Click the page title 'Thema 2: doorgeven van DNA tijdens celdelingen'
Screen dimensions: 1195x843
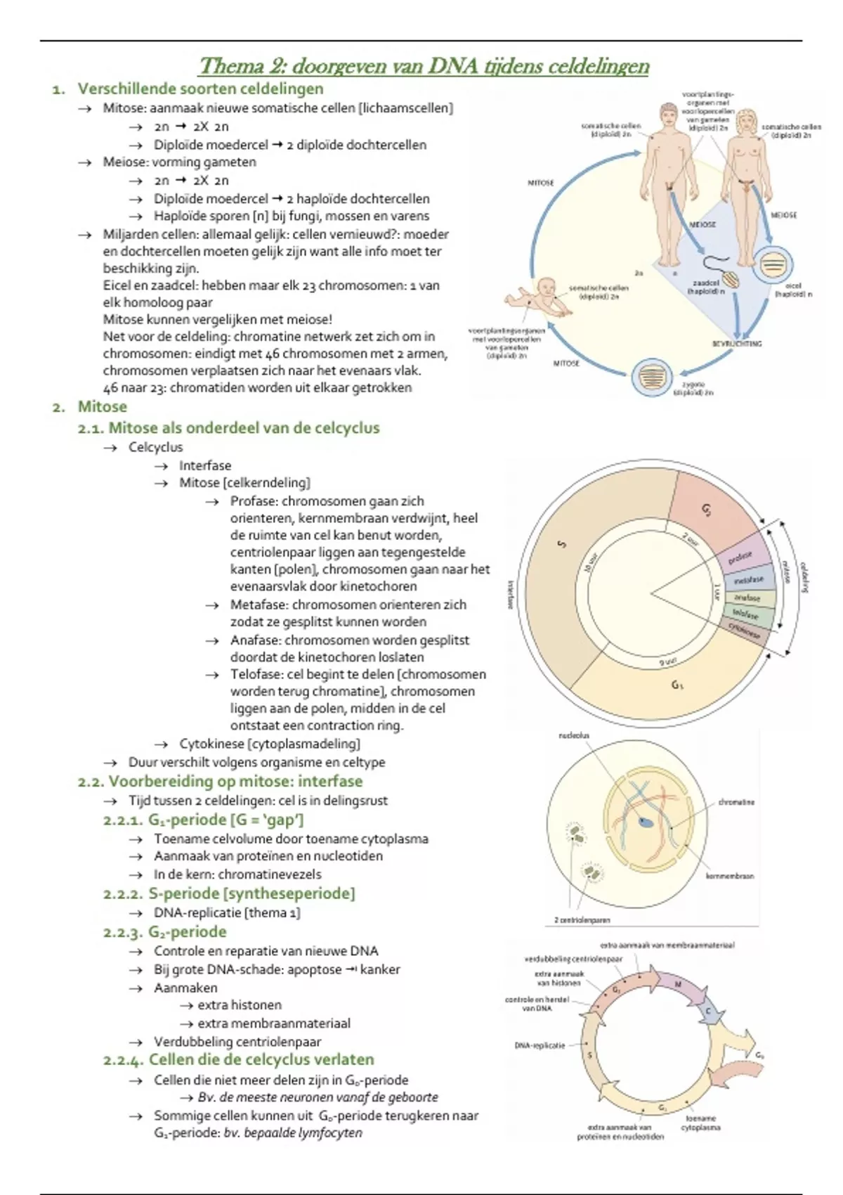pos(424,66)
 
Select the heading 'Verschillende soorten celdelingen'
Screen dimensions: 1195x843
pos(200,89)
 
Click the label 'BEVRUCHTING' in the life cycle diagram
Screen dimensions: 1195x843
pos(737,344)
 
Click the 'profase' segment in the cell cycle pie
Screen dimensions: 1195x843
pos(742,557)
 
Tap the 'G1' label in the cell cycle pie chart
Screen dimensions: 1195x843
pos(677,684)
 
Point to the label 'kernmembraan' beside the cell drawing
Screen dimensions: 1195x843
pos(730,876)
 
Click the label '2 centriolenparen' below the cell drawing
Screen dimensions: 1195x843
pos(582,919)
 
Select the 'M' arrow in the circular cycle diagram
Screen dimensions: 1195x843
pos(678,985)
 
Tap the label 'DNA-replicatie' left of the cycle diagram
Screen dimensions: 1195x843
pos(540,1045)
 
